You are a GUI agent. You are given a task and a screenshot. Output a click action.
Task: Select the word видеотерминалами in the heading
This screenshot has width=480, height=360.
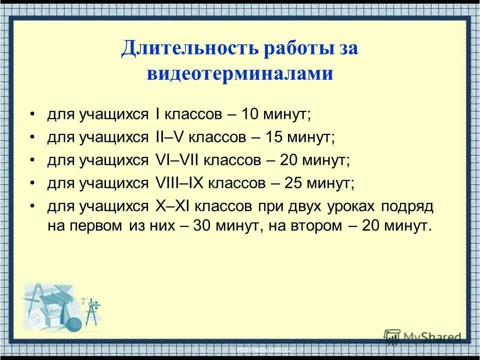tap(240, 73)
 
